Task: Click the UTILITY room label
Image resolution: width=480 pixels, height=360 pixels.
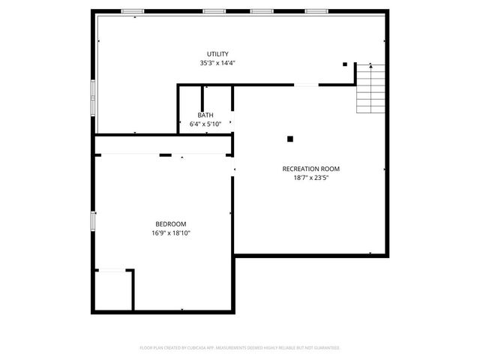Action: click(x=217, y=54)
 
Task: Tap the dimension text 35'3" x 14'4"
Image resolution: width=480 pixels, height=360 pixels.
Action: click(x=217, y=64)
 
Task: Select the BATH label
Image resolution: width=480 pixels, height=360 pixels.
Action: click(x=205, y=115)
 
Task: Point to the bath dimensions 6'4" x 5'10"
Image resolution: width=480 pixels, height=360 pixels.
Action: click(x=205, y=124)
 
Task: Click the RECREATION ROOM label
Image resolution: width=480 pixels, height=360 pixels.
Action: click(x=311, y=169)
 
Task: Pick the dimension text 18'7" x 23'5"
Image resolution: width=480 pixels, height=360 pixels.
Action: click(x=311, y=178)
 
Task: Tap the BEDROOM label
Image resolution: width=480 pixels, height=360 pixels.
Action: click(x=171, y=224)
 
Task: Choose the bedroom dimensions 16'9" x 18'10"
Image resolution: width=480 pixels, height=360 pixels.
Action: click(x=171, y=233)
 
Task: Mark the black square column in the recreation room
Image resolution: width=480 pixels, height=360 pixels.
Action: click(x=290, y=138)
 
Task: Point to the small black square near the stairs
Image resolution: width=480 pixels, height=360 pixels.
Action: click(x=345, y=64)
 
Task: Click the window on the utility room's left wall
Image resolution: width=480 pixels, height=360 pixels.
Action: click(x=93, y=97)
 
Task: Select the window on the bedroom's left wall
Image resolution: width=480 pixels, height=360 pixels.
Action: click(x=93, y=221)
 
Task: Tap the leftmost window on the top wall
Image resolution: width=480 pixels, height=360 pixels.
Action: click(x=132, y=10)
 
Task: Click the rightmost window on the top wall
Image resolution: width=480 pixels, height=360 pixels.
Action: click(x=316, y=10)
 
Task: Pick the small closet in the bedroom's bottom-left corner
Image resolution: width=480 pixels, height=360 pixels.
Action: click(x=112, y=290)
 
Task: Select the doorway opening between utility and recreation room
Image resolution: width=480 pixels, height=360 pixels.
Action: click(x=305, y=85)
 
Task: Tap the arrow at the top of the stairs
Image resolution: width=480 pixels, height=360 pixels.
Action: click(x=370, y=67)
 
